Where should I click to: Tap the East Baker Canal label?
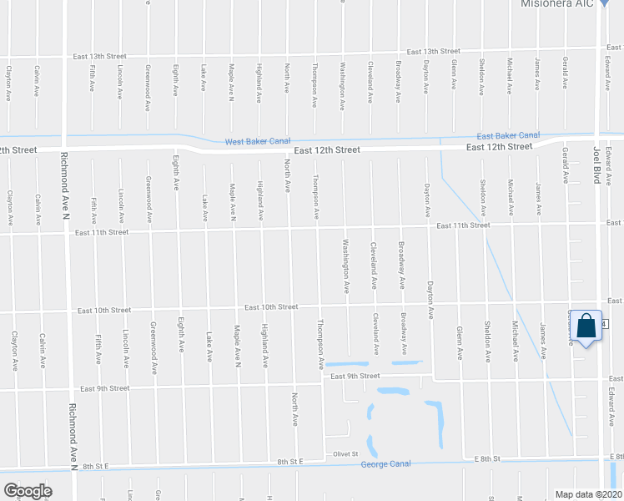[x=508, y=135]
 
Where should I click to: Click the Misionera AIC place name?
[x=557, y=4]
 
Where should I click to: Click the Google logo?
[x=28, y=491]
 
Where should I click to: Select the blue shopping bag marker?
[x=586, y=327]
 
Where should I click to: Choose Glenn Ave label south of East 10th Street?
[x=460, y=342]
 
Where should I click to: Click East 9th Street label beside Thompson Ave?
[x=355, y=377]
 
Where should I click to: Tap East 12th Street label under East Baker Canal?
[x=499, y=147]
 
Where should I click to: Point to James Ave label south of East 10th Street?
[x=543, y=342]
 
